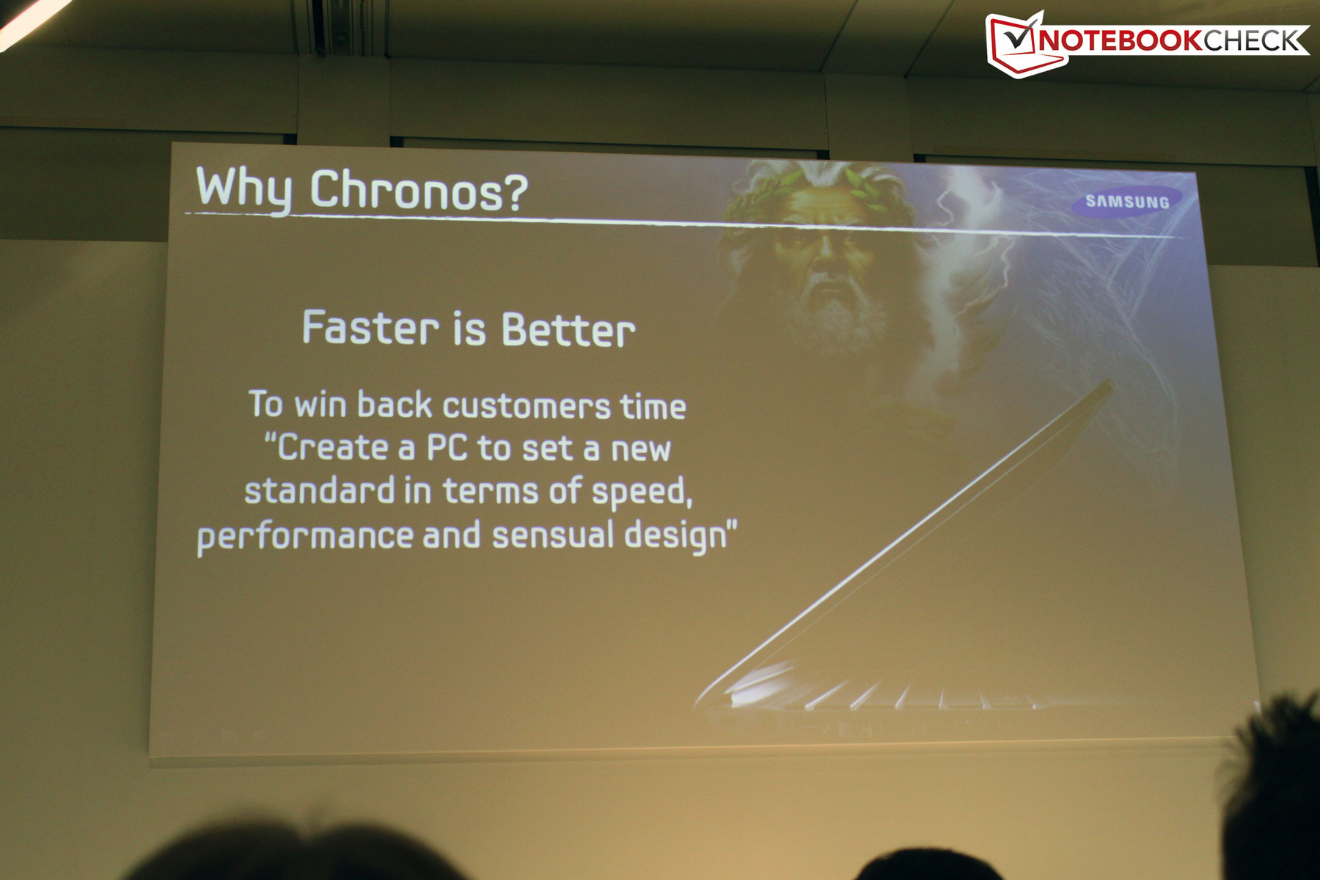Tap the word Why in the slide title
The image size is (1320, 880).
pos(243,189)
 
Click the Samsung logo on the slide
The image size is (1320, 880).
pos(1126,202)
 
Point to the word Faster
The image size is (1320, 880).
pos(371,328)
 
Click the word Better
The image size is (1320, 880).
pos(568,330)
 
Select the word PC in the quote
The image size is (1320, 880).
pos(447,447)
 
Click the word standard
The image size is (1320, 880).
pos(320,490)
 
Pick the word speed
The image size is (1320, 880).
pos(642,492)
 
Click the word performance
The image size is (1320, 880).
pos(305,536)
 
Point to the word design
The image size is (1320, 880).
pos(675,535)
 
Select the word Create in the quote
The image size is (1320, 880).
pos(333,447)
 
